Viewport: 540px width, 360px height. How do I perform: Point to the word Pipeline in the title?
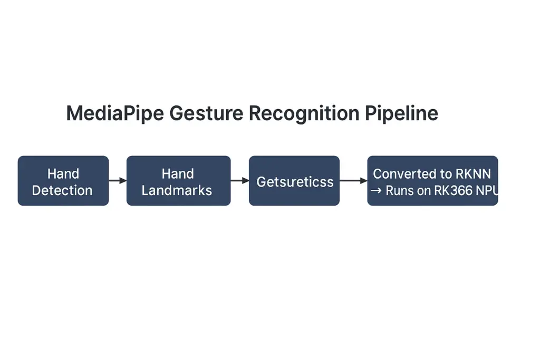401,113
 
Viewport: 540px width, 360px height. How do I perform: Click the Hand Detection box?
63,181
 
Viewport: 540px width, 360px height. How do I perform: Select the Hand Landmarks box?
178,181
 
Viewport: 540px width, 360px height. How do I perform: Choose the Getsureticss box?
294,181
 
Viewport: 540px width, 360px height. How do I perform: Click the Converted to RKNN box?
432,181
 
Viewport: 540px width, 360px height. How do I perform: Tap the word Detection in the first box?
62,190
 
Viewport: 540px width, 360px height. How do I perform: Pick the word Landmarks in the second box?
177,190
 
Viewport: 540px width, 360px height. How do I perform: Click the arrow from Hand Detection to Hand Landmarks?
118,181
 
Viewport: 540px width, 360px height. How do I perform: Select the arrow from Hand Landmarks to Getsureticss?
239,181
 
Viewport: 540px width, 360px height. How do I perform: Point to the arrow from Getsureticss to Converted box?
353,181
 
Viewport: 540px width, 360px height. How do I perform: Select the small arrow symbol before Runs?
376,191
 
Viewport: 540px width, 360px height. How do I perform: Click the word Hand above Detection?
63,173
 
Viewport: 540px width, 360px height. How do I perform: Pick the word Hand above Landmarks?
178,173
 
